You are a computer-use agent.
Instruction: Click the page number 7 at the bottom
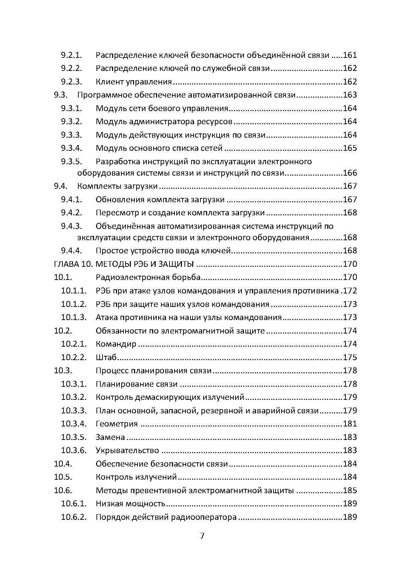click(202, 536)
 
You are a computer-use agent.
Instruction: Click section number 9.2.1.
click(71, 55)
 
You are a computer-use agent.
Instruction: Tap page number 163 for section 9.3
click(350, 95)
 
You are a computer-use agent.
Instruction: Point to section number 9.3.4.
click(71, 148)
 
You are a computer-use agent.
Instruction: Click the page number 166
click(350, 173)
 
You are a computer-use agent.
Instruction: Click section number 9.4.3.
click(71, 226)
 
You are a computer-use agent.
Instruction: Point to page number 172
click(350, 291)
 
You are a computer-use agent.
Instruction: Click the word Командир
click(116, 344)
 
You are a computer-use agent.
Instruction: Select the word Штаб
click(106, 357)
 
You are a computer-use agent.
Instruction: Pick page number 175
click(350, 357)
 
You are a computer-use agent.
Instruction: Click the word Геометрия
click(117, 424)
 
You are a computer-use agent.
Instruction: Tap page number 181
click(350, 424)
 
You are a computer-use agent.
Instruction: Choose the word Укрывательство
click(127, 451)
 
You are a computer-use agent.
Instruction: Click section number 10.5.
click(63, 477)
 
